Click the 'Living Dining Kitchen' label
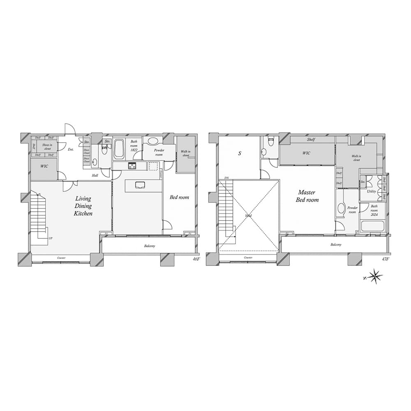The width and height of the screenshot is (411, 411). click(x=83, y=206)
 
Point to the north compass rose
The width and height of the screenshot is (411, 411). click(x=375, y=277)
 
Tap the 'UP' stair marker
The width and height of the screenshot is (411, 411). click(x=51, y=239)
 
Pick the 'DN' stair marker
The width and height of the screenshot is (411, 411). click(x=226, y=178)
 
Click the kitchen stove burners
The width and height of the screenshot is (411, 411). click(x=132, y=166)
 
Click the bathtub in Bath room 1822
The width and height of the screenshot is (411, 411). click(x=119, y=150)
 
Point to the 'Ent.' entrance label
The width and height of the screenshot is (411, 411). click(x=71, y=149)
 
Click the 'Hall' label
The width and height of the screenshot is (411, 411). click(x=95, y=175)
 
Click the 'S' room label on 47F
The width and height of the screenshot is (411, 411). click(x=239, y=154)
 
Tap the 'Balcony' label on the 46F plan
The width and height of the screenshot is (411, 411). click(x=150, y=246)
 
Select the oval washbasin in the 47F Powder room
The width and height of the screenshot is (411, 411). click(x=341, y=208)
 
